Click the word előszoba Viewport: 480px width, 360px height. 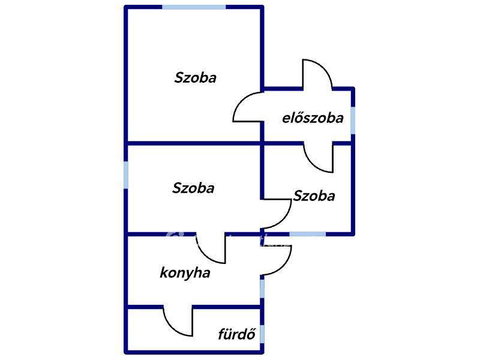(313, 118)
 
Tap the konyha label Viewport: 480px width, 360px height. (185, 273)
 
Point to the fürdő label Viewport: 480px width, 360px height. (236, 334)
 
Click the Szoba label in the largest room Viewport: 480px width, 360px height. (196, 77)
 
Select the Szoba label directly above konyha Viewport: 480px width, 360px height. (193, 188)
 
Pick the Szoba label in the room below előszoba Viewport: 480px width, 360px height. (314, 196)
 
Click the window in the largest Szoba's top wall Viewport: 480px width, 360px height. (194, 7)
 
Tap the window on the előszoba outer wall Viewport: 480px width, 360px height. (353, 121)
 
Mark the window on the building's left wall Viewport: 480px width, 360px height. (126, 175)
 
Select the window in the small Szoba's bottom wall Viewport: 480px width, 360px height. (308, 234)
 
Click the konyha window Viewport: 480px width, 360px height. (262, 288)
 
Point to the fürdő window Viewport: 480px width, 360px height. (262, 334)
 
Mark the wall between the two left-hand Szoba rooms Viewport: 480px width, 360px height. (194, 143)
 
